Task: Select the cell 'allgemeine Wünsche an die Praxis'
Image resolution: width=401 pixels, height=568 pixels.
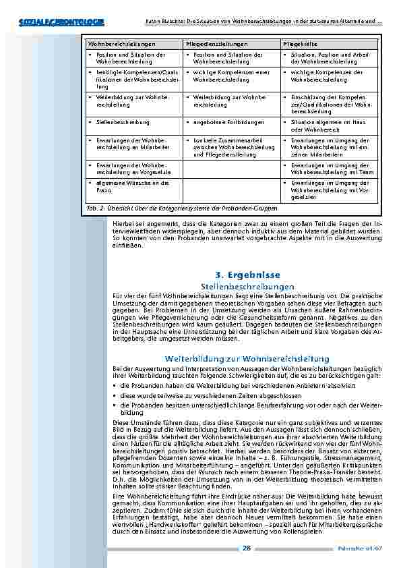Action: (x=127, y=186)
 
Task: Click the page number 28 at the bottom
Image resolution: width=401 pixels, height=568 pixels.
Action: (x=247, y=548)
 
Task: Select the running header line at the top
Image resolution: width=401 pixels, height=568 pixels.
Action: (x=249, y=22)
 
